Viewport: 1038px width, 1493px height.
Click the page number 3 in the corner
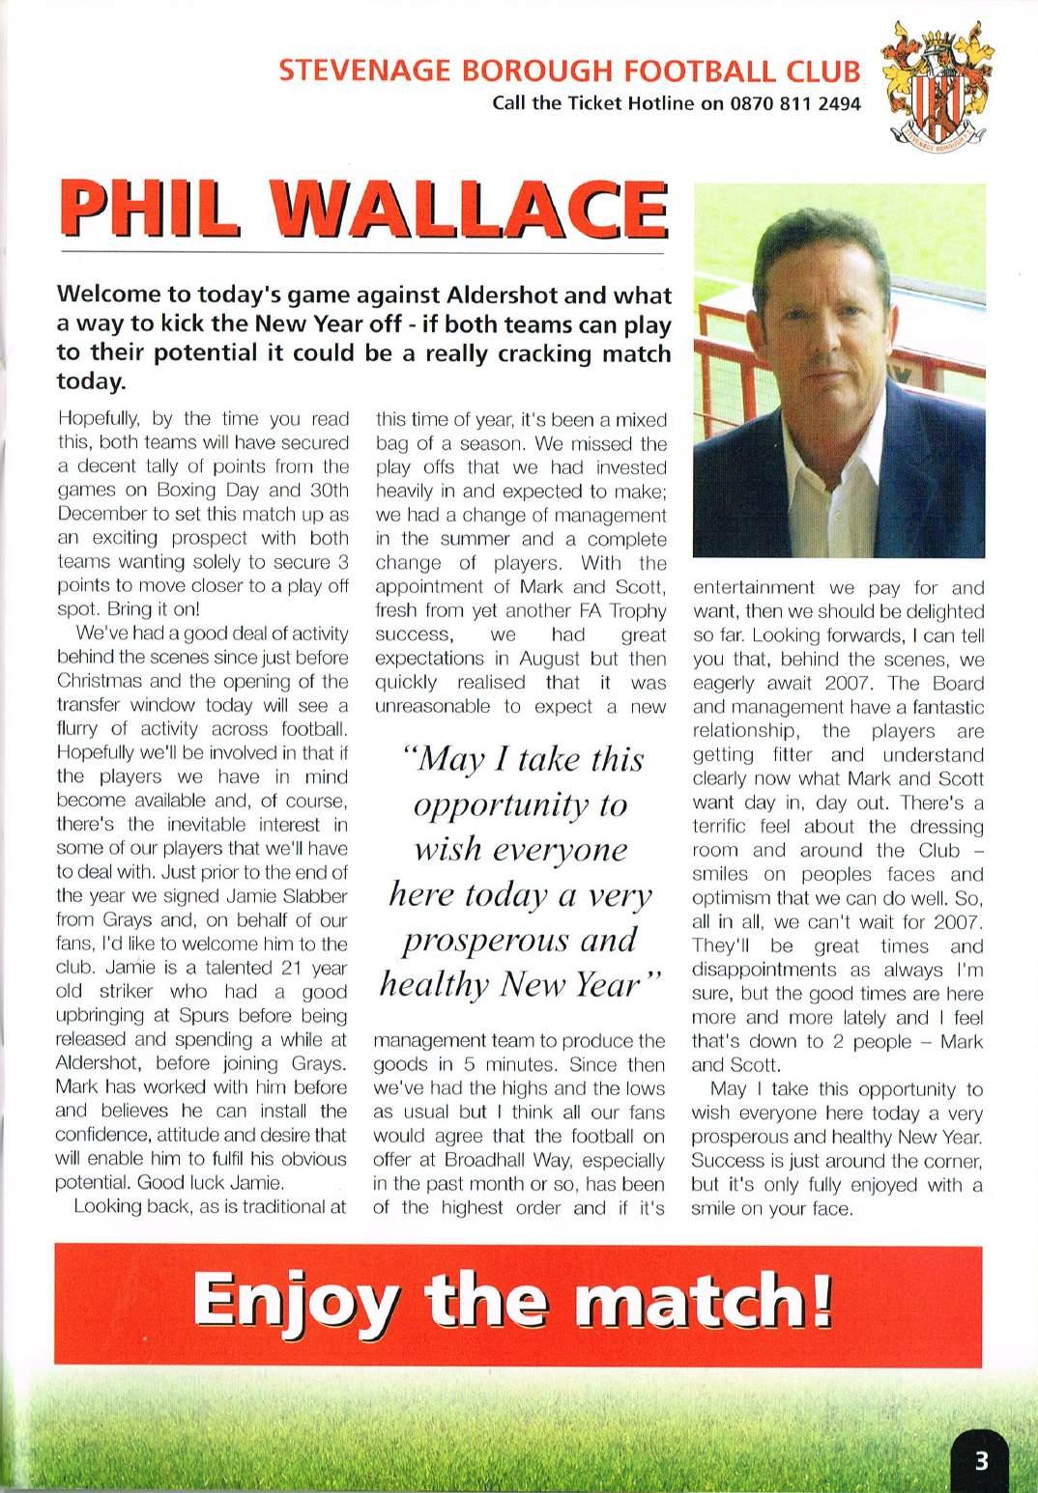(982, 1460)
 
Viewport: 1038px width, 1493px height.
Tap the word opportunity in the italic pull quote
(520, 804)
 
